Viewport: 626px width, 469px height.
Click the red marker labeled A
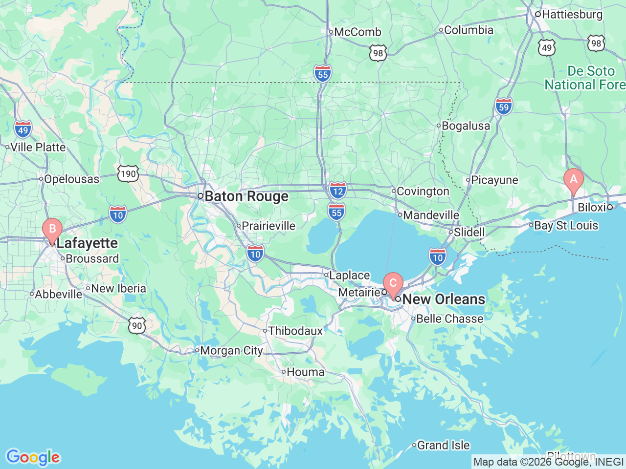coord(573,180)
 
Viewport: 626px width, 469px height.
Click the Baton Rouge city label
coord(246,196)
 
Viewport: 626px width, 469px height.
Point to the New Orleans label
coord(444,299)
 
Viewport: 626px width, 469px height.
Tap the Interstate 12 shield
coord(337,190)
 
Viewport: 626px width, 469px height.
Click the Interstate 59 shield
coord(503,107)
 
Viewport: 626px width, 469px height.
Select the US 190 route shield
coord(128,173)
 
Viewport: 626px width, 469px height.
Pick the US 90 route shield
coord(137,326)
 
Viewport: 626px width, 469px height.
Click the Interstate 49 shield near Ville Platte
coord(23,129)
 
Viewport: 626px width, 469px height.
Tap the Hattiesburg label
coord(572,14)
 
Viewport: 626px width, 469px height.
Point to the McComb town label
coord(357,32)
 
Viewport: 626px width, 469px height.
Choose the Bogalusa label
coord(465,126)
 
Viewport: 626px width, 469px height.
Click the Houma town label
coord(305,372)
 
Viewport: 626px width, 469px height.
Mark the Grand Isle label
coord(443,445)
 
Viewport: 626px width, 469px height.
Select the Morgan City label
coord(231,350)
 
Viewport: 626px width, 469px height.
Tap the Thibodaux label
coord(295,331)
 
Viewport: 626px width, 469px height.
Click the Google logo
coord(33,457)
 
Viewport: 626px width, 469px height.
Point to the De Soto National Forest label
coord(585,78)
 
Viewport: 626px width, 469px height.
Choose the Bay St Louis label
coord(566,225)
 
